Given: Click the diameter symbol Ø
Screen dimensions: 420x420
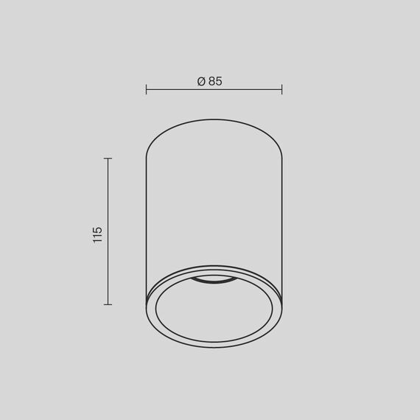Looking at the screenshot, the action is (x=201, y=81).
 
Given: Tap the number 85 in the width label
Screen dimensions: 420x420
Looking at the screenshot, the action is (x=215, y=81).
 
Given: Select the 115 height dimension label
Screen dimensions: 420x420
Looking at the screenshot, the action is (x=97, y=234).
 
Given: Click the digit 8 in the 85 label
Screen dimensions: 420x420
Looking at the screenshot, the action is (x=212, y=81).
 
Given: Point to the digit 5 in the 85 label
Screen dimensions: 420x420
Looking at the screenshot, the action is (x=219, y=81).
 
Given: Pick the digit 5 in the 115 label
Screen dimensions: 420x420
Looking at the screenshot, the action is (x=97, y=230).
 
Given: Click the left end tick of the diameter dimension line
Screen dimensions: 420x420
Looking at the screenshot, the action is (x=146, y=89).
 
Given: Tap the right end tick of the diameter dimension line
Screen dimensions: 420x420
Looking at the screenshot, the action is (x=281, y=89).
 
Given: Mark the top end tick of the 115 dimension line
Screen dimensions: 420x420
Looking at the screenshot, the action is (x=108, y=158).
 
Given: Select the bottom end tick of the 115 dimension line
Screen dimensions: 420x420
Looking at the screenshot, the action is (x=108, y=304).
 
